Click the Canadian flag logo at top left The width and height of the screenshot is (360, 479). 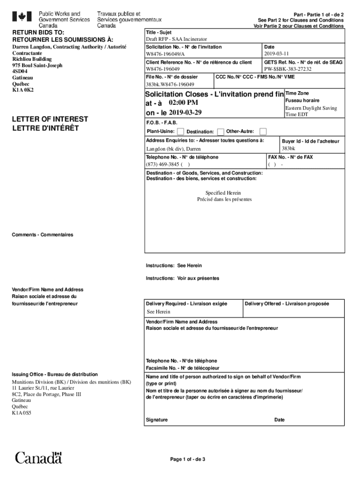coord(22,17)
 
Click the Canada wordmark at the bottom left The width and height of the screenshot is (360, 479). coord(38,457)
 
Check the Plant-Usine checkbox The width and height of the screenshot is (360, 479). coord(180,131)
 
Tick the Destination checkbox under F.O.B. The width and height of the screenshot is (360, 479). coord(221,131)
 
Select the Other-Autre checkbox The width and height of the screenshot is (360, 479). coord(263,131)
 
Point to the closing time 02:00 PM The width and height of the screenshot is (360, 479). coord(183,102)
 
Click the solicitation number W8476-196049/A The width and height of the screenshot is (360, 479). coord(166,54)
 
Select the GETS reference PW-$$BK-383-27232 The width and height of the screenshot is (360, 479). coord(288,69)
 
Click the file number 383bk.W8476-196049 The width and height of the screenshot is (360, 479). coord(170,85)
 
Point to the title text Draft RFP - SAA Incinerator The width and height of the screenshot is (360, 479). coord(176,39)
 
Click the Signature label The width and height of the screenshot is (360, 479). coord(157,420)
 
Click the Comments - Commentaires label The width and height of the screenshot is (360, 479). coord(43,235)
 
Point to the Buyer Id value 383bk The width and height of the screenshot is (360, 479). coord(288,149)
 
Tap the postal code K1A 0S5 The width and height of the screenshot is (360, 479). coord(22,413)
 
